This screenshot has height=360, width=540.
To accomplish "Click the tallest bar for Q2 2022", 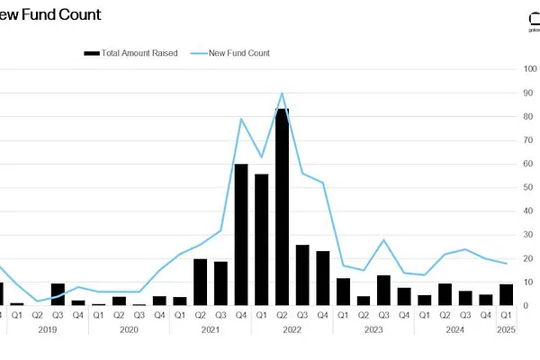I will (x=282, y=207).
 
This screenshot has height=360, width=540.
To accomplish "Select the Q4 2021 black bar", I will (x=241, y=235).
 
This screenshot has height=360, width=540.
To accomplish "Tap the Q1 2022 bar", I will (x=262, y=239).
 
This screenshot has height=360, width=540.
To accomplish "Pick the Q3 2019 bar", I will (x=58, y=294).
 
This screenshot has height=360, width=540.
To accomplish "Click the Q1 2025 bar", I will (x=507, y=295).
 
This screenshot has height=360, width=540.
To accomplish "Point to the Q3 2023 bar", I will (x=384, y=291).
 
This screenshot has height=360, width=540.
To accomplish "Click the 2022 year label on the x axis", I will (x=292, y=330).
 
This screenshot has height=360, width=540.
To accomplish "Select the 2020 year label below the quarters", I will (x=129, y=330).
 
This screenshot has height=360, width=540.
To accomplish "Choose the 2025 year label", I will (x=507, y=330).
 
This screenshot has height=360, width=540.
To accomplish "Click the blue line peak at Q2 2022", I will (x=283, y=93).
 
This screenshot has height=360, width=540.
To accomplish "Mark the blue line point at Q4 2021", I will (x=241, y=119).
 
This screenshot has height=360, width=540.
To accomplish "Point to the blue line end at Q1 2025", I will (x=507, y=264).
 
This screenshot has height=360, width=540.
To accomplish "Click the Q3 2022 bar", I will (x=302, y=275).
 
